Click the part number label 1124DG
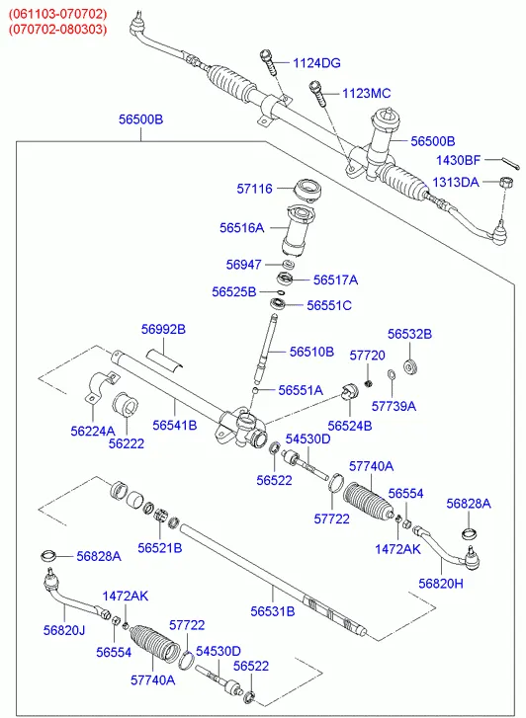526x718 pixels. point(316,63)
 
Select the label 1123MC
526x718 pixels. point(367,94)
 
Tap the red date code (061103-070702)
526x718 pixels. point(57,14)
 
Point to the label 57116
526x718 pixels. point(254,189)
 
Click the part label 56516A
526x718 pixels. point(241,227)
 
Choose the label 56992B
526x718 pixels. point(163,329)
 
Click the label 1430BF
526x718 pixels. point(458,160)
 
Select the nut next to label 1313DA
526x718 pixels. point(505,183)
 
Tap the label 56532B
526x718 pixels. point(409,334)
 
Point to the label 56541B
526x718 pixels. point(175,425)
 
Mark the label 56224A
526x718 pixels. point(93,431)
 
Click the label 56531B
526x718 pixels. point(273,611)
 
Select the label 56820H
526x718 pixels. point(441,584)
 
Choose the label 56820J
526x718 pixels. point(64,630)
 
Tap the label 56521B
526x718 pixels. point(159,548)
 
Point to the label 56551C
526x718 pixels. point(329,305)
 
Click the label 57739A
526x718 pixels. point(394,406)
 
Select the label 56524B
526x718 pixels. point(350,426)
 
